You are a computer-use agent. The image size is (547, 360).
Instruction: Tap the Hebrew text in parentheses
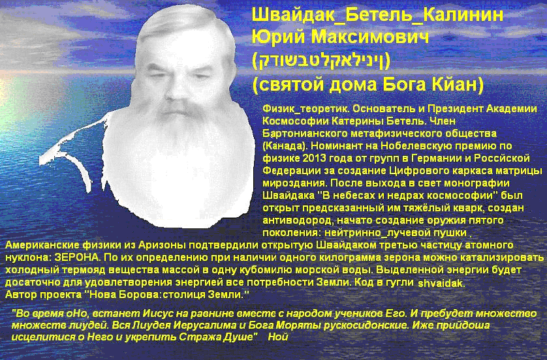click(x=321, y=61)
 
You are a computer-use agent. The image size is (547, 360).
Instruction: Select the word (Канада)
click(x=283, y=145)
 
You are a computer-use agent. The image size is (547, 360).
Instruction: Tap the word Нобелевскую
click(x=413, y=145)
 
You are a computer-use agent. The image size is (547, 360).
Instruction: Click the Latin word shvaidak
click(x=441, y=283)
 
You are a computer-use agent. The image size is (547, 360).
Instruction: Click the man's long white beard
click(x=179, y=164)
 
